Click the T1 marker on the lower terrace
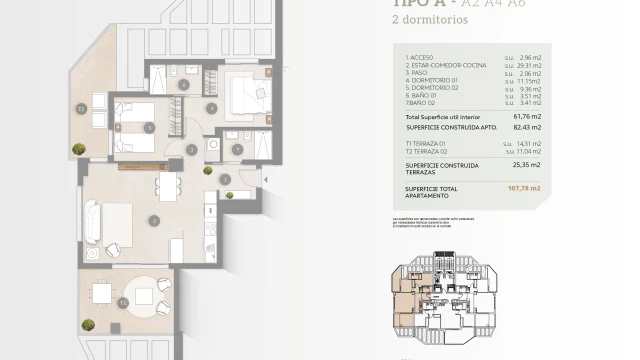[122, 301]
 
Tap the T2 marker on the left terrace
[81, 108]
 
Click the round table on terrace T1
[100, 293]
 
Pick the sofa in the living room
[90, 221]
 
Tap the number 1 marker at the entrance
[226, 180]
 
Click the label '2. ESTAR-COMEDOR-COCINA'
[445, 65]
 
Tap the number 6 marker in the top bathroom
[184, 84]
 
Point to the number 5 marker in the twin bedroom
[149, 127]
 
